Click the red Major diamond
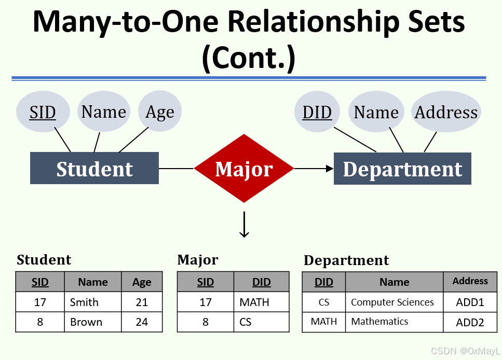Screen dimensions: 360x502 [x=243, y=169]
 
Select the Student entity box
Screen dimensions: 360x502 [x=94, y=169]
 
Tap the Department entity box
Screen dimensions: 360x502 [x=402, y=169]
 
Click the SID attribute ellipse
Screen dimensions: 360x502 [x=43, y=112]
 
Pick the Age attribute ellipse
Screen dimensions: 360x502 [x=160, y=112]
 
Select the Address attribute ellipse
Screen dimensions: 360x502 [x=446, y=112]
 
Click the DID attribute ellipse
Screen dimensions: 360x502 [x=317, y=112]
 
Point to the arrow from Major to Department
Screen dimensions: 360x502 [x=314, y=168]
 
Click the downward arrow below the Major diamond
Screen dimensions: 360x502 [x=244, y=225]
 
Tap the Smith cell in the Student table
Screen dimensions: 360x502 [x=92, y=302]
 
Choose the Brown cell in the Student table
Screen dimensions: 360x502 [x=92, y=322]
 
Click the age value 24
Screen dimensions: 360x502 [x=142, y=322]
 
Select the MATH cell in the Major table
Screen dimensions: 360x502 [x=261, y=302]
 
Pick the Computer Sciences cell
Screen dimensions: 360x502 [x=394, y=302]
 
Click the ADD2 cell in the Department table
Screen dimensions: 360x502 [x=470, y=322]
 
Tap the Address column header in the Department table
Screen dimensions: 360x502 [x=470, y=281]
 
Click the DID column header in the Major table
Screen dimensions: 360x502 [x=261, y=282]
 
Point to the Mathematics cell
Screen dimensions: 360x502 [x=394, y=322]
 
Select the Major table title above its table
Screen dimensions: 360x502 [x=198, y=259]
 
